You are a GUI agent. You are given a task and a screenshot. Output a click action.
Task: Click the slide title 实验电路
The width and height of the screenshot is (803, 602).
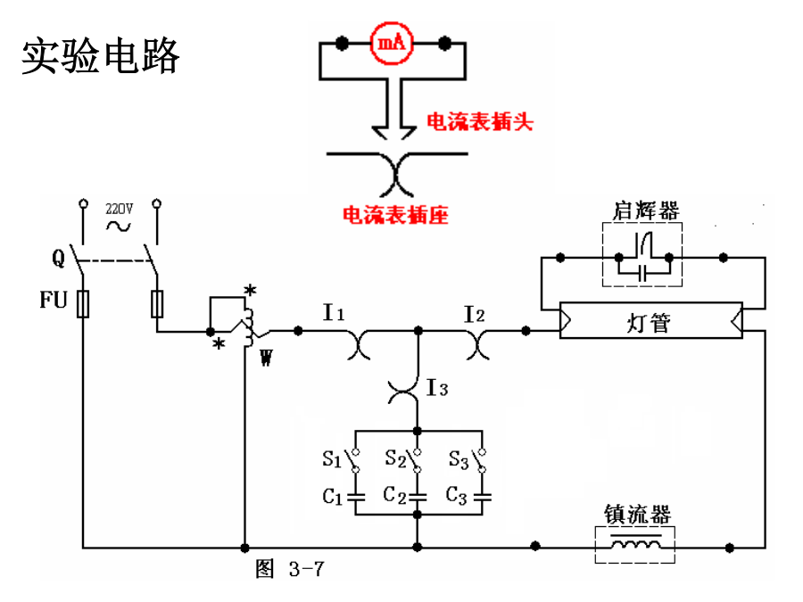click(x=100, y=55)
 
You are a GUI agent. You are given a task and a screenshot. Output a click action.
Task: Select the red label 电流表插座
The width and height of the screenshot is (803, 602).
click(x=394, y=215)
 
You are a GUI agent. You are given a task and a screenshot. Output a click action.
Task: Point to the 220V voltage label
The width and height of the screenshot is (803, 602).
click(x=119, y=208)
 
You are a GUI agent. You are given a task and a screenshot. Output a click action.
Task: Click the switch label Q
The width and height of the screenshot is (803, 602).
click(x=58, y=260)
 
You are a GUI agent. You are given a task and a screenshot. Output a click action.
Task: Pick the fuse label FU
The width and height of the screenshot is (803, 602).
click(x=54, y=301)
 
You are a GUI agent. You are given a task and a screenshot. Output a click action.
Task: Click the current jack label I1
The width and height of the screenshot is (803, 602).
click(x=334, y=313)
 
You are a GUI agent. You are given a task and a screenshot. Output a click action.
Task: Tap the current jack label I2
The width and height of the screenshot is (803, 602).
click(x=474, y=313)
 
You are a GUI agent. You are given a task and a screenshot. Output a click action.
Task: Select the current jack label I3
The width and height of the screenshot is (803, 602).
click(x=437, y=388)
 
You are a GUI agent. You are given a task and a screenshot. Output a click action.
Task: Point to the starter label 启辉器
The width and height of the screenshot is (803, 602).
click(x=646, y=210)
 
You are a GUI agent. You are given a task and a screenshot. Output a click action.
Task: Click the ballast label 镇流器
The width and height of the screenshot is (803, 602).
click(x=636, y=515)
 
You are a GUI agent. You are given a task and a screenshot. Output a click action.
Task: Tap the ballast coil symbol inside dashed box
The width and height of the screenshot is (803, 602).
click(x=635, y=545)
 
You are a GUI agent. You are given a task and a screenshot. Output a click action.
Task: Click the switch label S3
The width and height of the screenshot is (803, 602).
click(x=458, y=459)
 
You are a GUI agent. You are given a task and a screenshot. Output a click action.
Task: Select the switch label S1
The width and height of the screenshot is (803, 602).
click(x=332, y=459)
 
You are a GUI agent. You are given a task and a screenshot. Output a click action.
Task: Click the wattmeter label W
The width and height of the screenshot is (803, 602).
click(x=265, y=359)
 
